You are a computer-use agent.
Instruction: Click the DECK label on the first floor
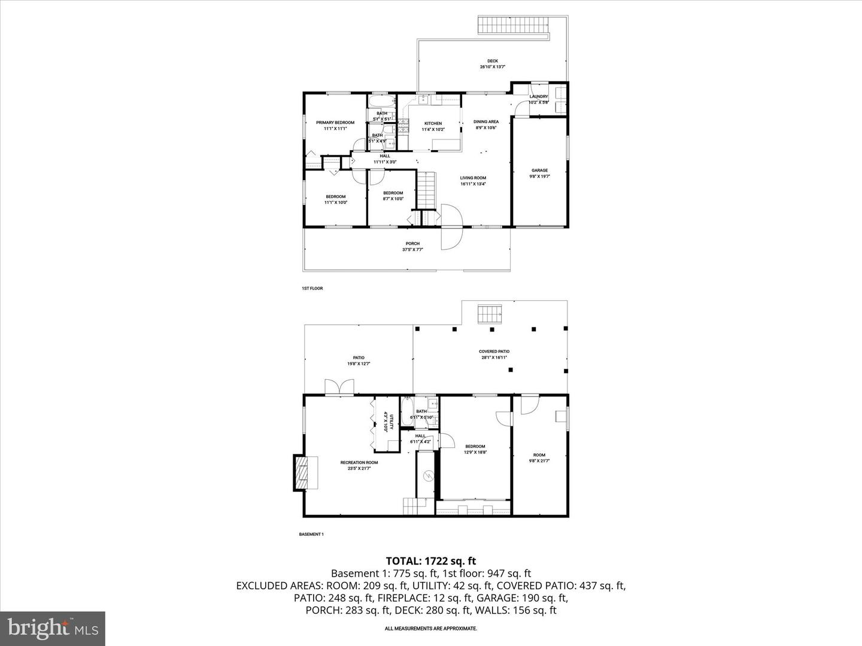click(492, 61)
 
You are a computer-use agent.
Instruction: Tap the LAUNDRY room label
click(539, 97)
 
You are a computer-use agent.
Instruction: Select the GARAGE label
click(539, 170)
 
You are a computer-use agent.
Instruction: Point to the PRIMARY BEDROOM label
click(335, 123)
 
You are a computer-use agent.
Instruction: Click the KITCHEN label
click(433, 124)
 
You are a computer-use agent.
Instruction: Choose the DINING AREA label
click(486, 122)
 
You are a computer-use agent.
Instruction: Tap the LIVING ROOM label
click(473, 178)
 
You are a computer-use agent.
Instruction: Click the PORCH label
click(412, 244)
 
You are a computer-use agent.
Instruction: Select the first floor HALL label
click(385, 156)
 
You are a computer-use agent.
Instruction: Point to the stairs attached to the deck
click(513, 26)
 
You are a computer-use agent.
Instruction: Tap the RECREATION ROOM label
click(359, 462)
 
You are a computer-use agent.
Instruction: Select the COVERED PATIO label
click(494, 352)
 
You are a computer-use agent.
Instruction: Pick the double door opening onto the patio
click(339, 387)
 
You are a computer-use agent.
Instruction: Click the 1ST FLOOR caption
click(312, 288)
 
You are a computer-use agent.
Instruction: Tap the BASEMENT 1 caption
click(311, 534)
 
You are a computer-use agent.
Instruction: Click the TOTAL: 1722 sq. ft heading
click(430, 561)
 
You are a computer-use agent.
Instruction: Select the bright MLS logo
click(52, 628)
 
